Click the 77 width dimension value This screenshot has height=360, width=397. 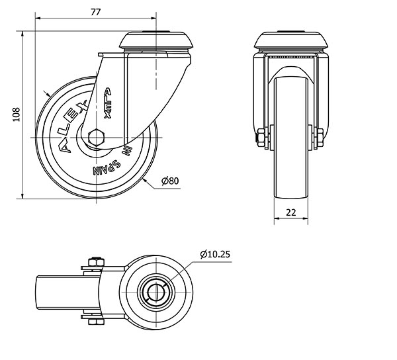click(x=96, y=12)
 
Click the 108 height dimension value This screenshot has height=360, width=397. click(x=17, y=114)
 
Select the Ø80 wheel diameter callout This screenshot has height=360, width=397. click(x=170, y=181)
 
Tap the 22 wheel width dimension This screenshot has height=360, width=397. click(x=291, y=212)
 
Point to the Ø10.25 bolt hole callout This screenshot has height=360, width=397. click(x=215, y=254)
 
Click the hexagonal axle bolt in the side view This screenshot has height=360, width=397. click(x=96, y=138)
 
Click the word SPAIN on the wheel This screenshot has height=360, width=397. click(x=107, y=167)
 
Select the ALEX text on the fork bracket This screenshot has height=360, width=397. click(x=108, y=103)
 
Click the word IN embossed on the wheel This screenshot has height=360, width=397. click(x=126, y=151)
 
